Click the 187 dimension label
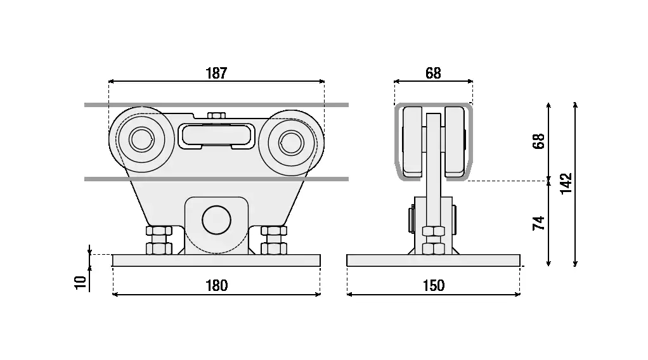[216, 73]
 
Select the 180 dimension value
[216, 285]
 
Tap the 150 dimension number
[433, 285]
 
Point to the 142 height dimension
[566, 183]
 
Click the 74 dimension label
[538, 223]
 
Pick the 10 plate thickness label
[80, 282]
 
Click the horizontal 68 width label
[433, 73]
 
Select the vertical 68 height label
[538, 141]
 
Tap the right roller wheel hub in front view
[291, 140]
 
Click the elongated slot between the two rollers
[216, 135]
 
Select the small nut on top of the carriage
[216, 115]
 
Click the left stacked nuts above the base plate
[159, 240]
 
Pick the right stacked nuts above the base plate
[273, 240]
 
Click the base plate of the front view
[216, 260]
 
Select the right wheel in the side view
[455, 141]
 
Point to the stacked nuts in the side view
[433, 240]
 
